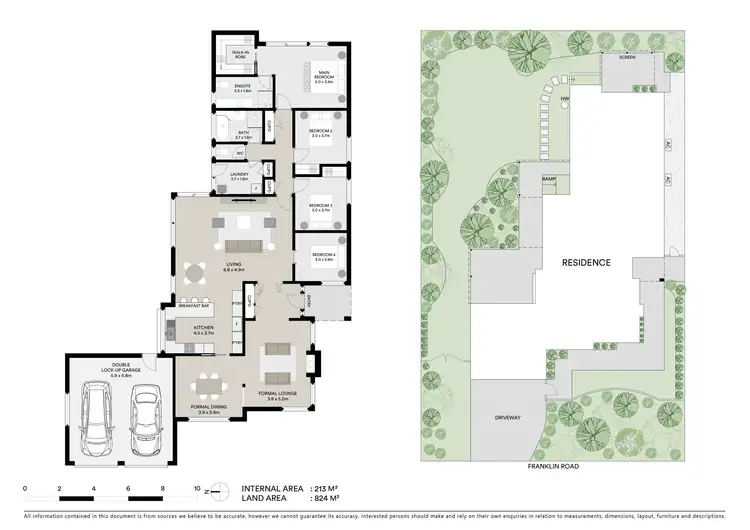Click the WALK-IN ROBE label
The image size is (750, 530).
pos(240,56)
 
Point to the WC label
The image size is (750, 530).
pos(241,153)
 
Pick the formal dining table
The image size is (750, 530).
pos(209,384)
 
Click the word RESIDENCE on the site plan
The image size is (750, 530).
pos(586,263)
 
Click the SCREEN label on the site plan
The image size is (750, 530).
pos(627,57)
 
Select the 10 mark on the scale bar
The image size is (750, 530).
pos(197,487)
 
